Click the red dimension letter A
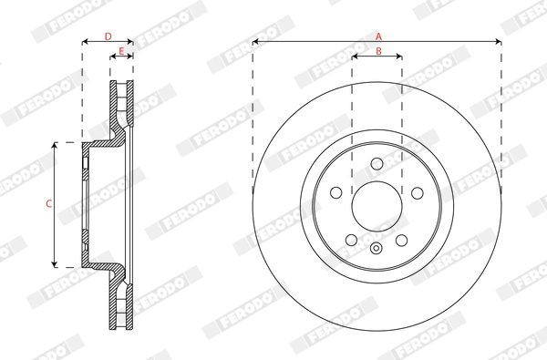[378, 35]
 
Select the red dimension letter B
[377, 51]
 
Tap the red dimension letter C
[47, 204]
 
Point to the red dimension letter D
[108, 36]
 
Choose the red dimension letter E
[121, 51]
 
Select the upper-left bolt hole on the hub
[336, 192]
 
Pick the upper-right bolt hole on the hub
[417, 192]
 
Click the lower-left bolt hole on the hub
[352, 239]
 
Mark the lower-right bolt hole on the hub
[401, 239]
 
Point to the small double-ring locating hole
[377, 248]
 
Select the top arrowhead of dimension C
[57, 145]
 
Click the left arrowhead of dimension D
[85, 42]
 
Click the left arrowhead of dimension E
[113, 57]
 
